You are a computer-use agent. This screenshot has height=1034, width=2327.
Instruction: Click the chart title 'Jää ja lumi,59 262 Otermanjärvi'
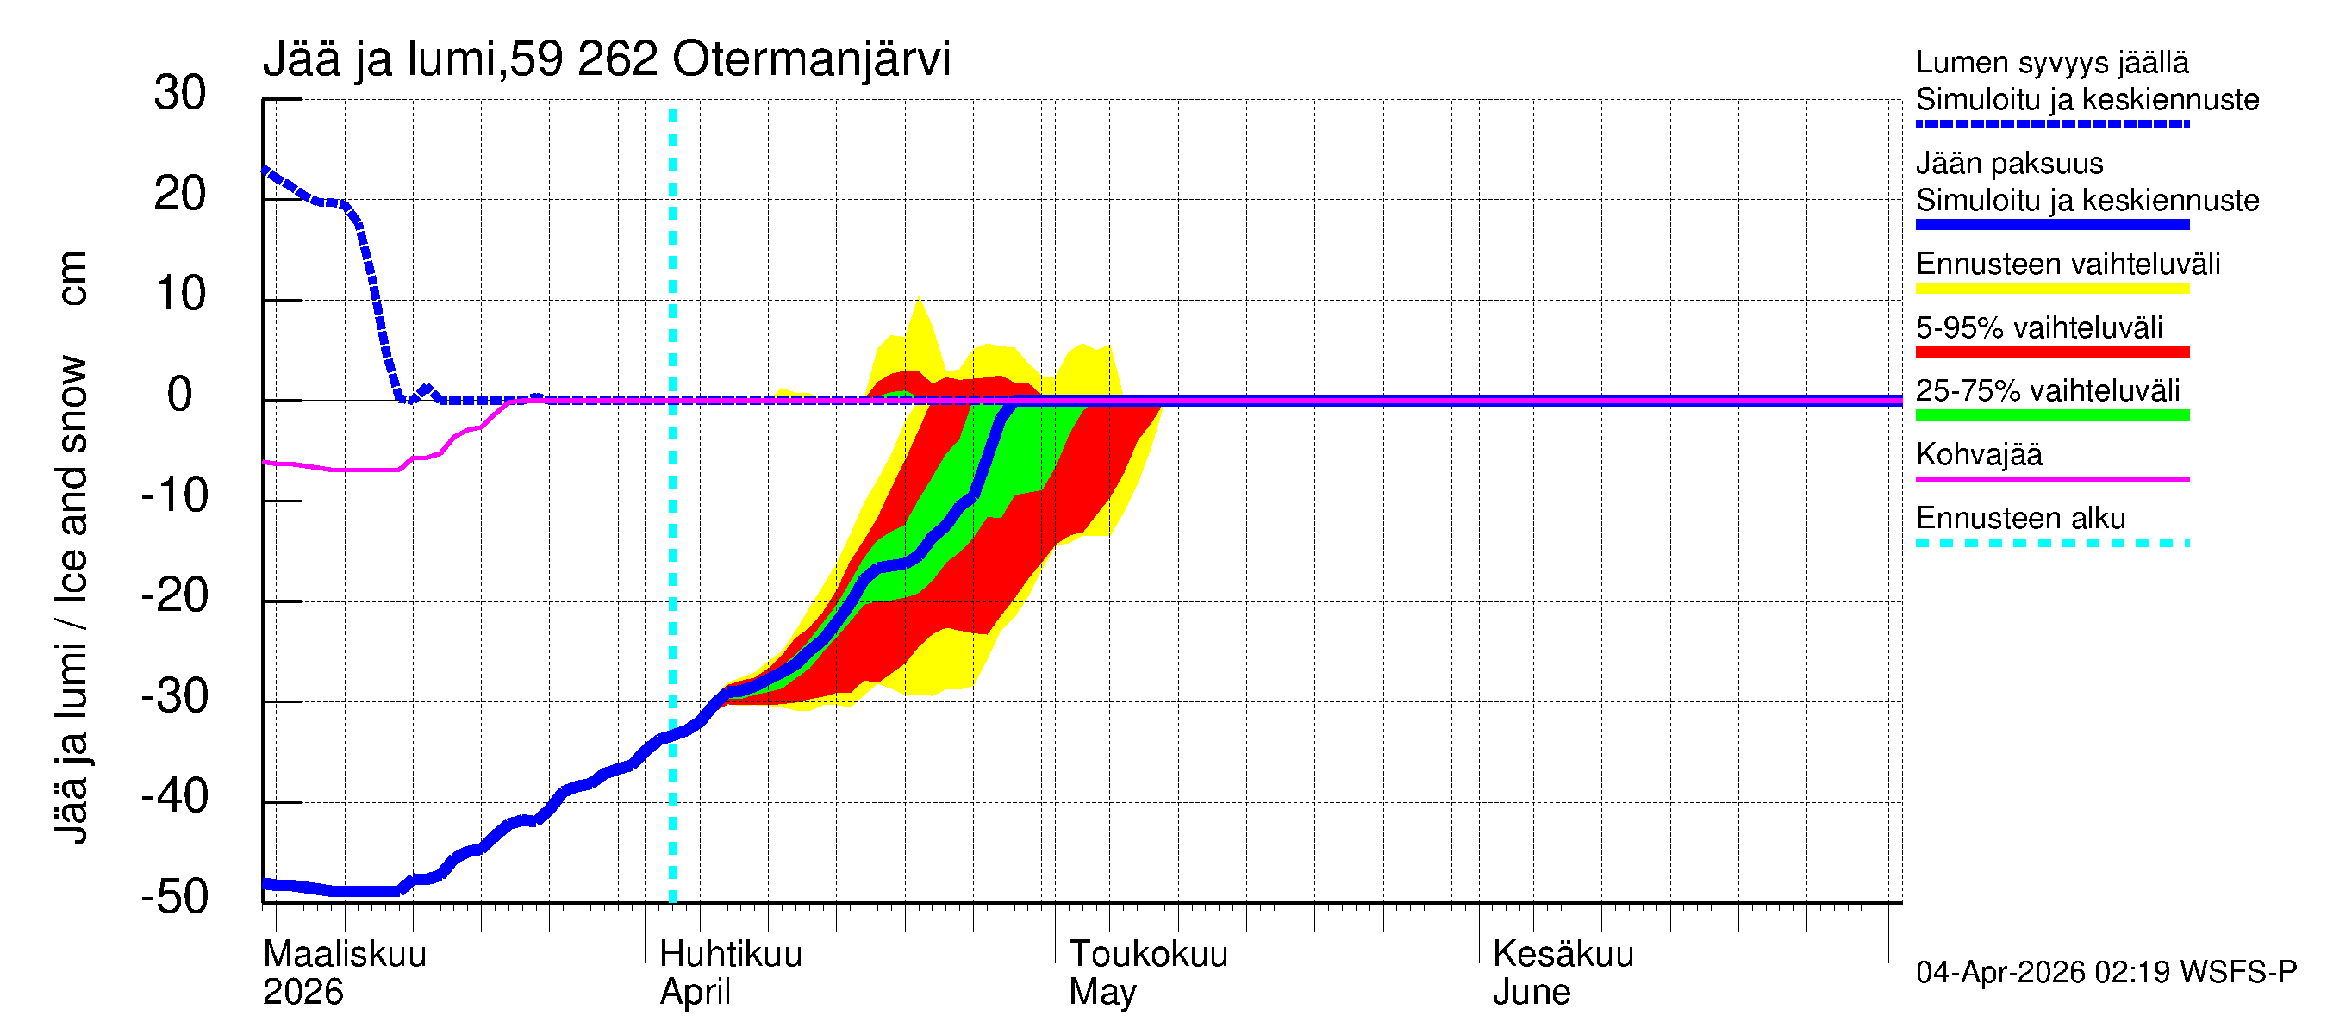pyautogui.click(x=606, y=59)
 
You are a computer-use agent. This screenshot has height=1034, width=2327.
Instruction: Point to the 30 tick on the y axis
pyautogui.click(x=180, y=93)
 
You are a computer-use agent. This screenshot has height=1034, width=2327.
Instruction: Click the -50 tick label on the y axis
pyautogui.click(x=174, y=897)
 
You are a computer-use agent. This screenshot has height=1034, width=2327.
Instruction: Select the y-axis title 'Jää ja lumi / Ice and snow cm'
pyautogui.click(x=72, y=547)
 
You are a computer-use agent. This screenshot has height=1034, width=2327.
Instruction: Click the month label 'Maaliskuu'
pyautogui.click(x=344, y=954)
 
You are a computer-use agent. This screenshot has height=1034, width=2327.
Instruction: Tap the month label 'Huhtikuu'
pyautogui.click(x=730, y=954)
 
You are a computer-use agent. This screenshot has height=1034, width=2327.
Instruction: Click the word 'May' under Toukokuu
pyautogui.click(x=1102, y=992)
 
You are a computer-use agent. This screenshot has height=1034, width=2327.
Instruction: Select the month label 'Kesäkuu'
pyautogui.click(x=1562, y=954)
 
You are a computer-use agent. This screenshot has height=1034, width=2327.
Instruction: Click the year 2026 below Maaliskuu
pyautogui.click(x=303, y=992)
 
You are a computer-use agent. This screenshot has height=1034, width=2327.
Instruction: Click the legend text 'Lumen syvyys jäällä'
pyautogui.click(x=2051, y=62)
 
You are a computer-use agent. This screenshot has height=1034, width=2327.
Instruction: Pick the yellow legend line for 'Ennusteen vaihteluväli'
pyautogui.click(x=2051, y=289)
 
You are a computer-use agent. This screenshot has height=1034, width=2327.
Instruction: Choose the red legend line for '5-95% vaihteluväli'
pyautogui.click(x=2051, y=352)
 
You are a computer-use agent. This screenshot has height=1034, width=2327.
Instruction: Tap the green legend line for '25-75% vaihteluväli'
pyautogui.click(x=2051, y=415)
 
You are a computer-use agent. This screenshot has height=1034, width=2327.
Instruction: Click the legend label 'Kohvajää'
pyautogui.click(x=1978, y=454)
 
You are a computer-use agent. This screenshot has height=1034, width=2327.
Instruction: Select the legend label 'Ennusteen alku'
pyautogui.click(x=2020, y=519)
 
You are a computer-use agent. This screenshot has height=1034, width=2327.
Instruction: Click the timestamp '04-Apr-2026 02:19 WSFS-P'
pyautogui.click(x=2106, y=972)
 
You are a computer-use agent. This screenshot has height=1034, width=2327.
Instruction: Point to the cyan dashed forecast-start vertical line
pyautogui.click(x=673, y=542)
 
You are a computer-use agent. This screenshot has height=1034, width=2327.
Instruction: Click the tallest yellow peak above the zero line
pyautogui.click(x=919, y=301)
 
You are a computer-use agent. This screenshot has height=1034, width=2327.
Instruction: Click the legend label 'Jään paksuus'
pyautogui.click(x=2009, y=164)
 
